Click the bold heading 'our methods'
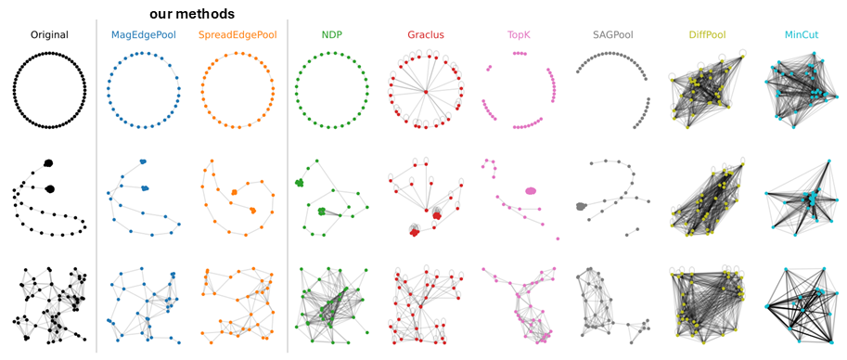(192, 14)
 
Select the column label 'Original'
(49, 35)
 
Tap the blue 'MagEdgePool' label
(142, 35)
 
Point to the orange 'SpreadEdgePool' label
(237, 35)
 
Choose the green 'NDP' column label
(330, 35)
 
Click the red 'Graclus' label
(425, 35)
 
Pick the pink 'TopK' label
(519, 35)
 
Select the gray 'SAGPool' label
(613, 35)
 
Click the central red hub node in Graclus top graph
(426, 91)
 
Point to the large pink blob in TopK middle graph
(531, 191)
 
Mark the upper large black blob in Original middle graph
(48, 163)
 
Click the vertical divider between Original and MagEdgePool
(96, 186)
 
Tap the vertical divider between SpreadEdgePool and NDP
(287, 186)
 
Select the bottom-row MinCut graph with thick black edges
(800, 306)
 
